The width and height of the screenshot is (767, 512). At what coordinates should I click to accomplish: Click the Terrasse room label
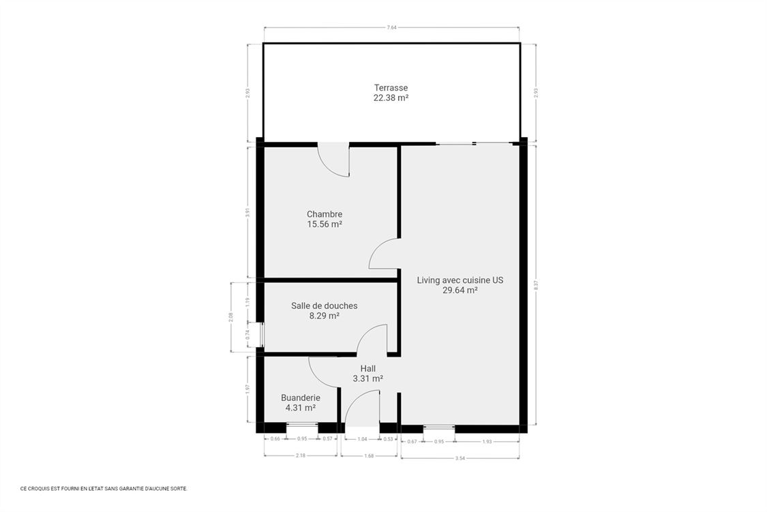[391, 87]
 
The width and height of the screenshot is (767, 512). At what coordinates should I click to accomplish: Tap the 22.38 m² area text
[391, 97]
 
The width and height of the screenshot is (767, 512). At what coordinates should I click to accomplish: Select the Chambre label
[325, 213]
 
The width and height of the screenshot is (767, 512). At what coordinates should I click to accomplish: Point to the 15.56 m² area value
[325, 224]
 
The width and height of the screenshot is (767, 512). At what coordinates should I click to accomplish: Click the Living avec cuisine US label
[460, 280]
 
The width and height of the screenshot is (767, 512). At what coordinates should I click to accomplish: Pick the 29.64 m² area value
[460, 290]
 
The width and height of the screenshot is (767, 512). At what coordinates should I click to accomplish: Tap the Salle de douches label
[324, 305]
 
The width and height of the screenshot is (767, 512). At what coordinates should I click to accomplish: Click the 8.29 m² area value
[324, 316]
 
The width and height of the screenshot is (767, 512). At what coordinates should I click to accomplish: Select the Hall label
[368, 368]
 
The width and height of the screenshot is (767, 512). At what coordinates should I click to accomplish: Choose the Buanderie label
[301, 397]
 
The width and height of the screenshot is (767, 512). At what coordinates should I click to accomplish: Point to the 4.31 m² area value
[301, 408]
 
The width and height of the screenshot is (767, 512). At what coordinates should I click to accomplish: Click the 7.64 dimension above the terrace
[391, 27]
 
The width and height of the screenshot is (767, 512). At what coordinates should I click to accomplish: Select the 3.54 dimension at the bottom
[460, 458]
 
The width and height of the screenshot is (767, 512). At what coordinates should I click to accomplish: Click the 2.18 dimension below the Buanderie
[300, 455]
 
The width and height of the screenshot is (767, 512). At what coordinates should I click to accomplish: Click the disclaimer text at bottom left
[104, 488]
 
